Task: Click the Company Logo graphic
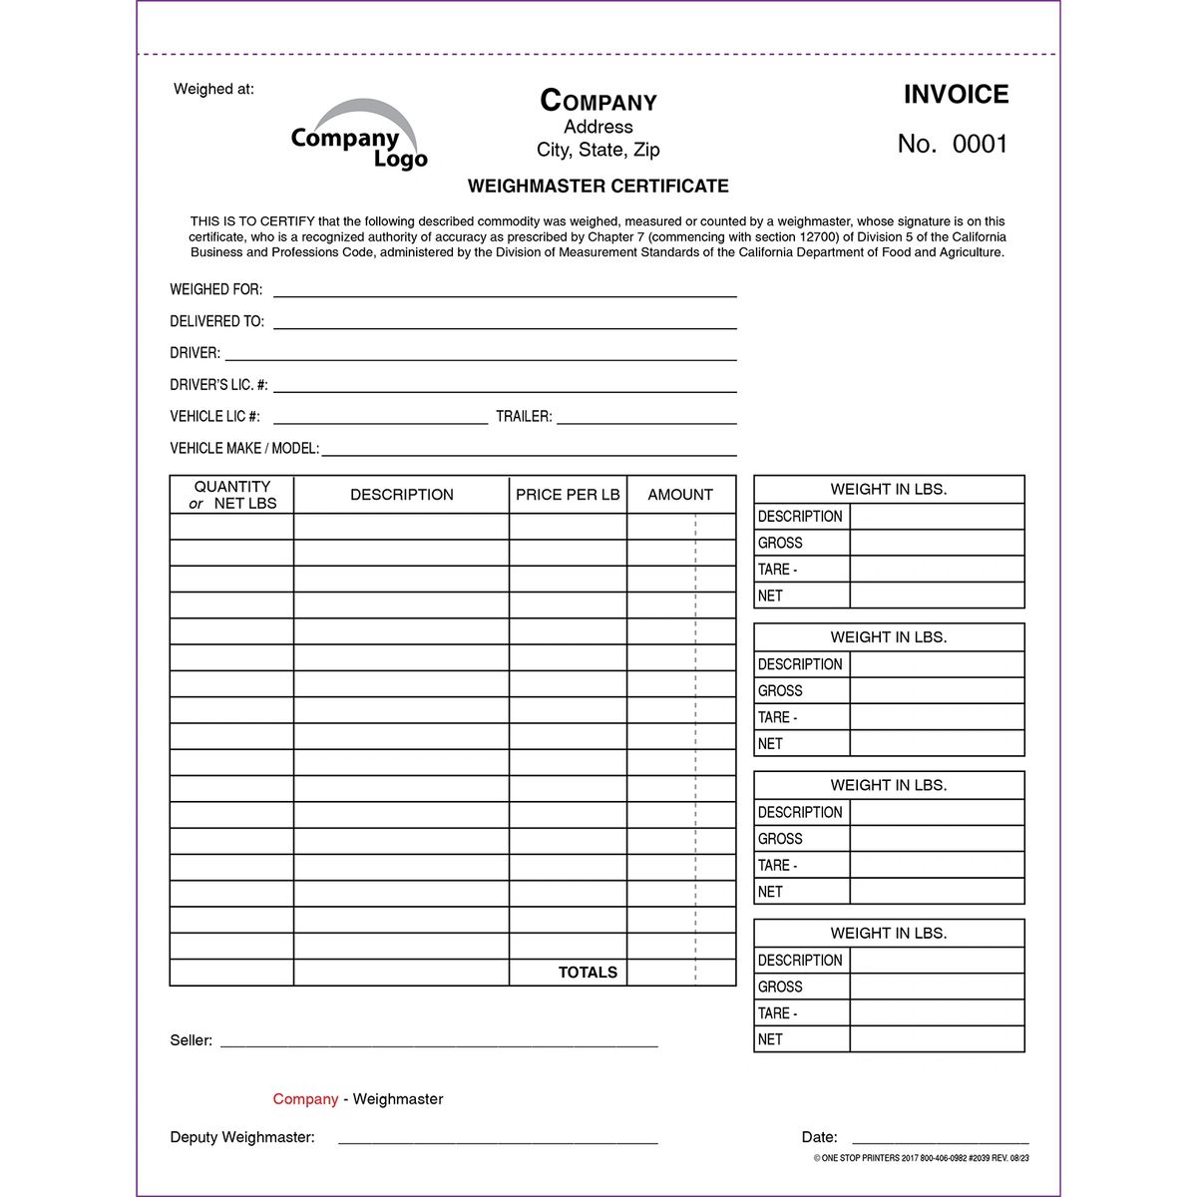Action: pyautogui.click(x=359, y=136)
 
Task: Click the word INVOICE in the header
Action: pyautogui.click(x=956, y=95)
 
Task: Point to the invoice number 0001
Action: pyautogui.click(x=980, y=145)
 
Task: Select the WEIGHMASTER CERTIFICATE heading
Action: pyautogui.click(x=598, y=186)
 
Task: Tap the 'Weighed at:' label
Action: pyautogui.click(x=213, y=89)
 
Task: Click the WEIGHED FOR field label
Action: pyautogui.click(x=216, y=289)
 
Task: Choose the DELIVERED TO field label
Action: pyautogui.click(x=217, y=321)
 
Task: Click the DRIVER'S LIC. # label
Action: pyautogui.click(x=218, y=385)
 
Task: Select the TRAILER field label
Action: pyautogui.click(x=524, y=417)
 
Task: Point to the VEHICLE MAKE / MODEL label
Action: pyautogui.click(x=244, y=449)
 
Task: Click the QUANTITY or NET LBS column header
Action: pyautogui.click(x=232, y=495)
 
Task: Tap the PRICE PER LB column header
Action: pyautogui.click(x=568, y=495)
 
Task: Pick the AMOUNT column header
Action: pyautogui.click(x=680, y=495)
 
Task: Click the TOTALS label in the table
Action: pyautogui.click(x=588, y=973)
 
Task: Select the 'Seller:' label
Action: pyautogui.click(x=191, y=1040)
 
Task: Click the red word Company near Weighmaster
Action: pyautogui.click(x=305, y=1099)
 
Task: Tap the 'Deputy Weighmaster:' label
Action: pyautogui.click(x=242, y=1137)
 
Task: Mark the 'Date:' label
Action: pyautogui.click(x=819, y=1137)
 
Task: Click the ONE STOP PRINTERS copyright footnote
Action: pyautogui.click(x=921, y=1159)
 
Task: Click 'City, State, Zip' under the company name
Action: pyautogui.click(x=598, y=150)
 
